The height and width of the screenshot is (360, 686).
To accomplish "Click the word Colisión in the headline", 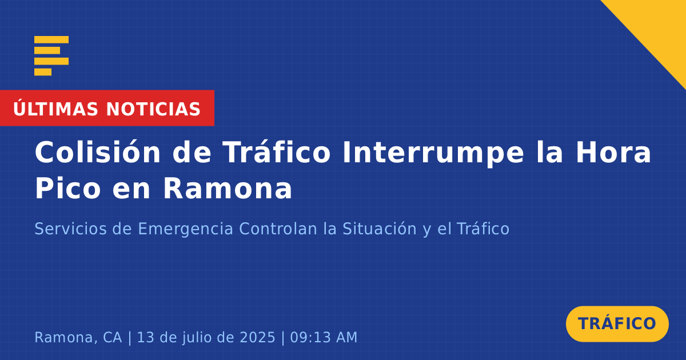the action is pyautogui.click(x=98, y=152).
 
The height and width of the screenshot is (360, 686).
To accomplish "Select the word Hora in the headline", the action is pyautogui.click(x=613, y=152).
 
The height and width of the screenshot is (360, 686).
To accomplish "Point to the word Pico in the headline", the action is pyautogui.click(x=67, y=188).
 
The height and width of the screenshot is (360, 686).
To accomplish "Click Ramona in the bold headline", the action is pyautogui.click(x=228, y=188).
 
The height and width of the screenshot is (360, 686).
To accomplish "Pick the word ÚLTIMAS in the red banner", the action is pyautogui.click(x=55, y=109).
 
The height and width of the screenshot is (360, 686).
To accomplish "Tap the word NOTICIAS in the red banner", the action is pyautogui.click(x=153, y=109).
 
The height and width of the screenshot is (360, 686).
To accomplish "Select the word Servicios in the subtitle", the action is pyautogui.click(x=70, y=229).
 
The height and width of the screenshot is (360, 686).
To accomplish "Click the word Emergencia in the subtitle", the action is pyautogui.click(x=185, y=229).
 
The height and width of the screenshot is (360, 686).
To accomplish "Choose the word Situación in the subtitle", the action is pyautogui.click(x=380, y=229).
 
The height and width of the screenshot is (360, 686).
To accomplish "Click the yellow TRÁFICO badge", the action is pyautogui.click(x=617, y=323).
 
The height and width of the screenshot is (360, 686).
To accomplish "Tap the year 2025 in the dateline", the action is pyautogui.click(x=257, y=337).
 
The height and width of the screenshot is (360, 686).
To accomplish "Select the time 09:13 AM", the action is pyautogui.click(x=324, y=337).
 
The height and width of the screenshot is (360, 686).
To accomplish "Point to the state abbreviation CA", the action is pyautogui.click(x=113, y=337).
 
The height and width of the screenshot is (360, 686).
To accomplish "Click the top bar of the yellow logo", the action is pyautogui.click(x=51, y=39).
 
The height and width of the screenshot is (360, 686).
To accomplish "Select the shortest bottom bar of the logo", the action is pyautogui.click(x=43, y=71).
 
